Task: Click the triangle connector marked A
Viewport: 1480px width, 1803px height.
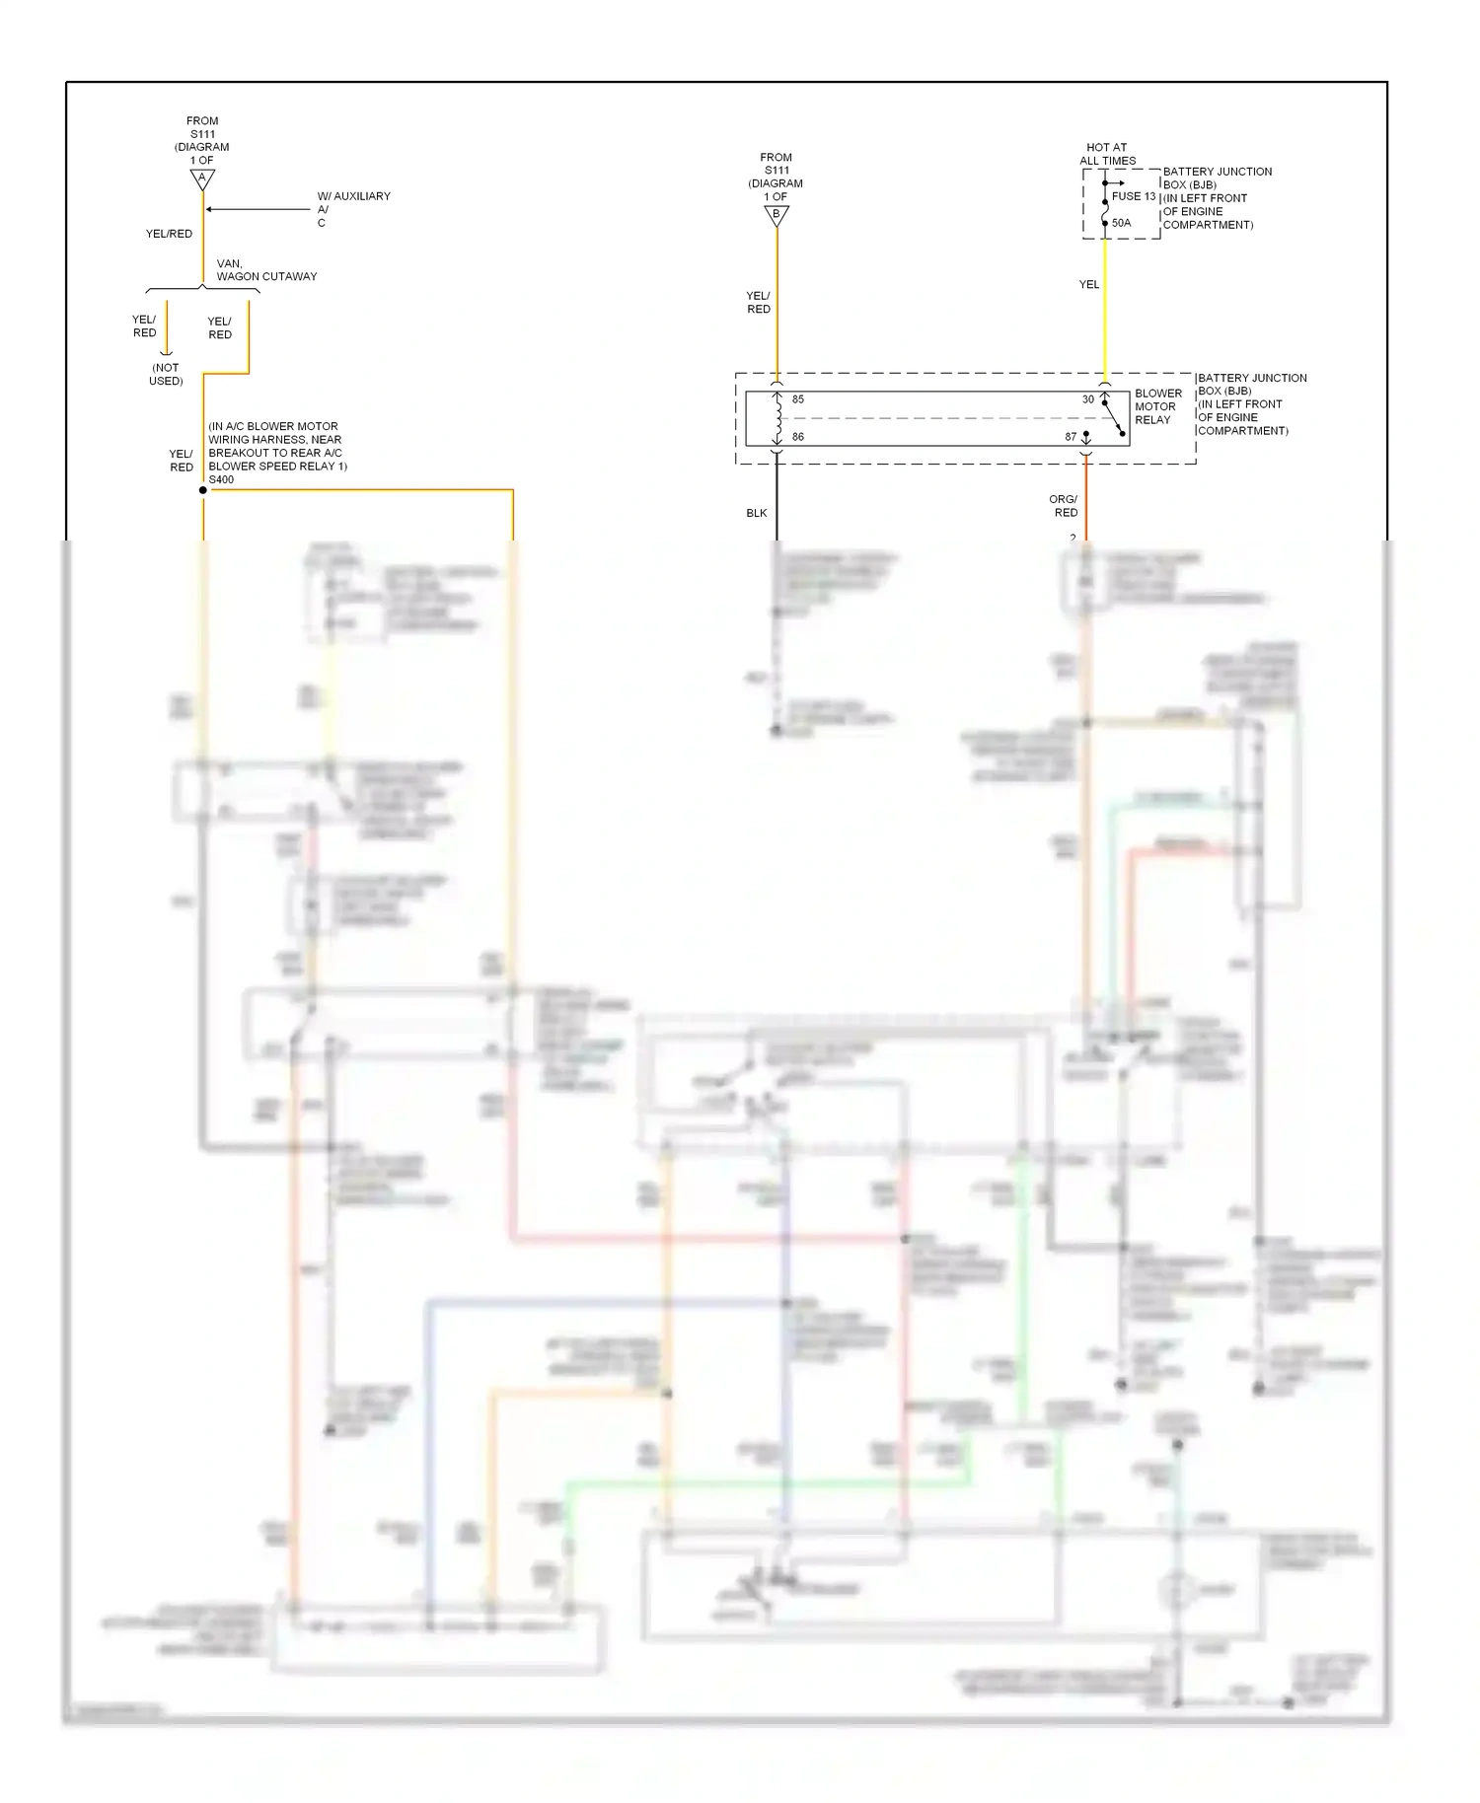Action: [x=202, y=180]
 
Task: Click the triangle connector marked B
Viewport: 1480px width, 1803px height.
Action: [x=777, y=215]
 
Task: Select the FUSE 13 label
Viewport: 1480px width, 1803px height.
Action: [x=1134, y=196]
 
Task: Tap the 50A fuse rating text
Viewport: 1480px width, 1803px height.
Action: [x=1122, y=223]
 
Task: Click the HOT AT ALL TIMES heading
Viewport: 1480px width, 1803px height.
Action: [x=1107, y=154]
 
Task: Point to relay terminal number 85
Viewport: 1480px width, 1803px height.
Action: [x=798, y=399]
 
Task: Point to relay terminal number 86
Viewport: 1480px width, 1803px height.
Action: [x=798, y=436]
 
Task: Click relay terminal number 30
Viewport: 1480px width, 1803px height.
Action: [x=1087, y=399]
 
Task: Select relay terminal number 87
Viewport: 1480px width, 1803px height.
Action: [x=1071, y=436]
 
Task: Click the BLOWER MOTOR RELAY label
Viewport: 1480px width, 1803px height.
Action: [x=1156, y=406]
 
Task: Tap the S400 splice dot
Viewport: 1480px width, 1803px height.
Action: [x=203, y=490]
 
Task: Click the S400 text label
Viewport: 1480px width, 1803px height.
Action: [x=221, y=479]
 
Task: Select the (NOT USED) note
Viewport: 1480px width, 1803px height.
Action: [x=166, y=374]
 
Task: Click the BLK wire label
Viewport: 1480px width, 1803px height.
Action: [x=757, y=513]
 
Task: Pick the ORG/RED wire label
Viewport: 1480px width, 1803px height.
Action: [x=1065, y=506]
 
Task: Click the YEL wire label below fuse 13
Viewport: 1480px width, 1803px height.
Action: [x=1088, y=284]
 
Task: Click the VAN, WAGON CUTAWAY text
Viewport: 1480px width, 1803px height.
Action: [x=266, y=270]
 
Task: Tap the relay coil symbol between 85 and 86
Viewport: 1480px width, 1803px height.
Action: [x=777, y=418]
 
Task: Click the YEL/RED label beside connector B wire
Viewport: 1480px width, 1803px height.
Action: [x=758, y=302]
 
